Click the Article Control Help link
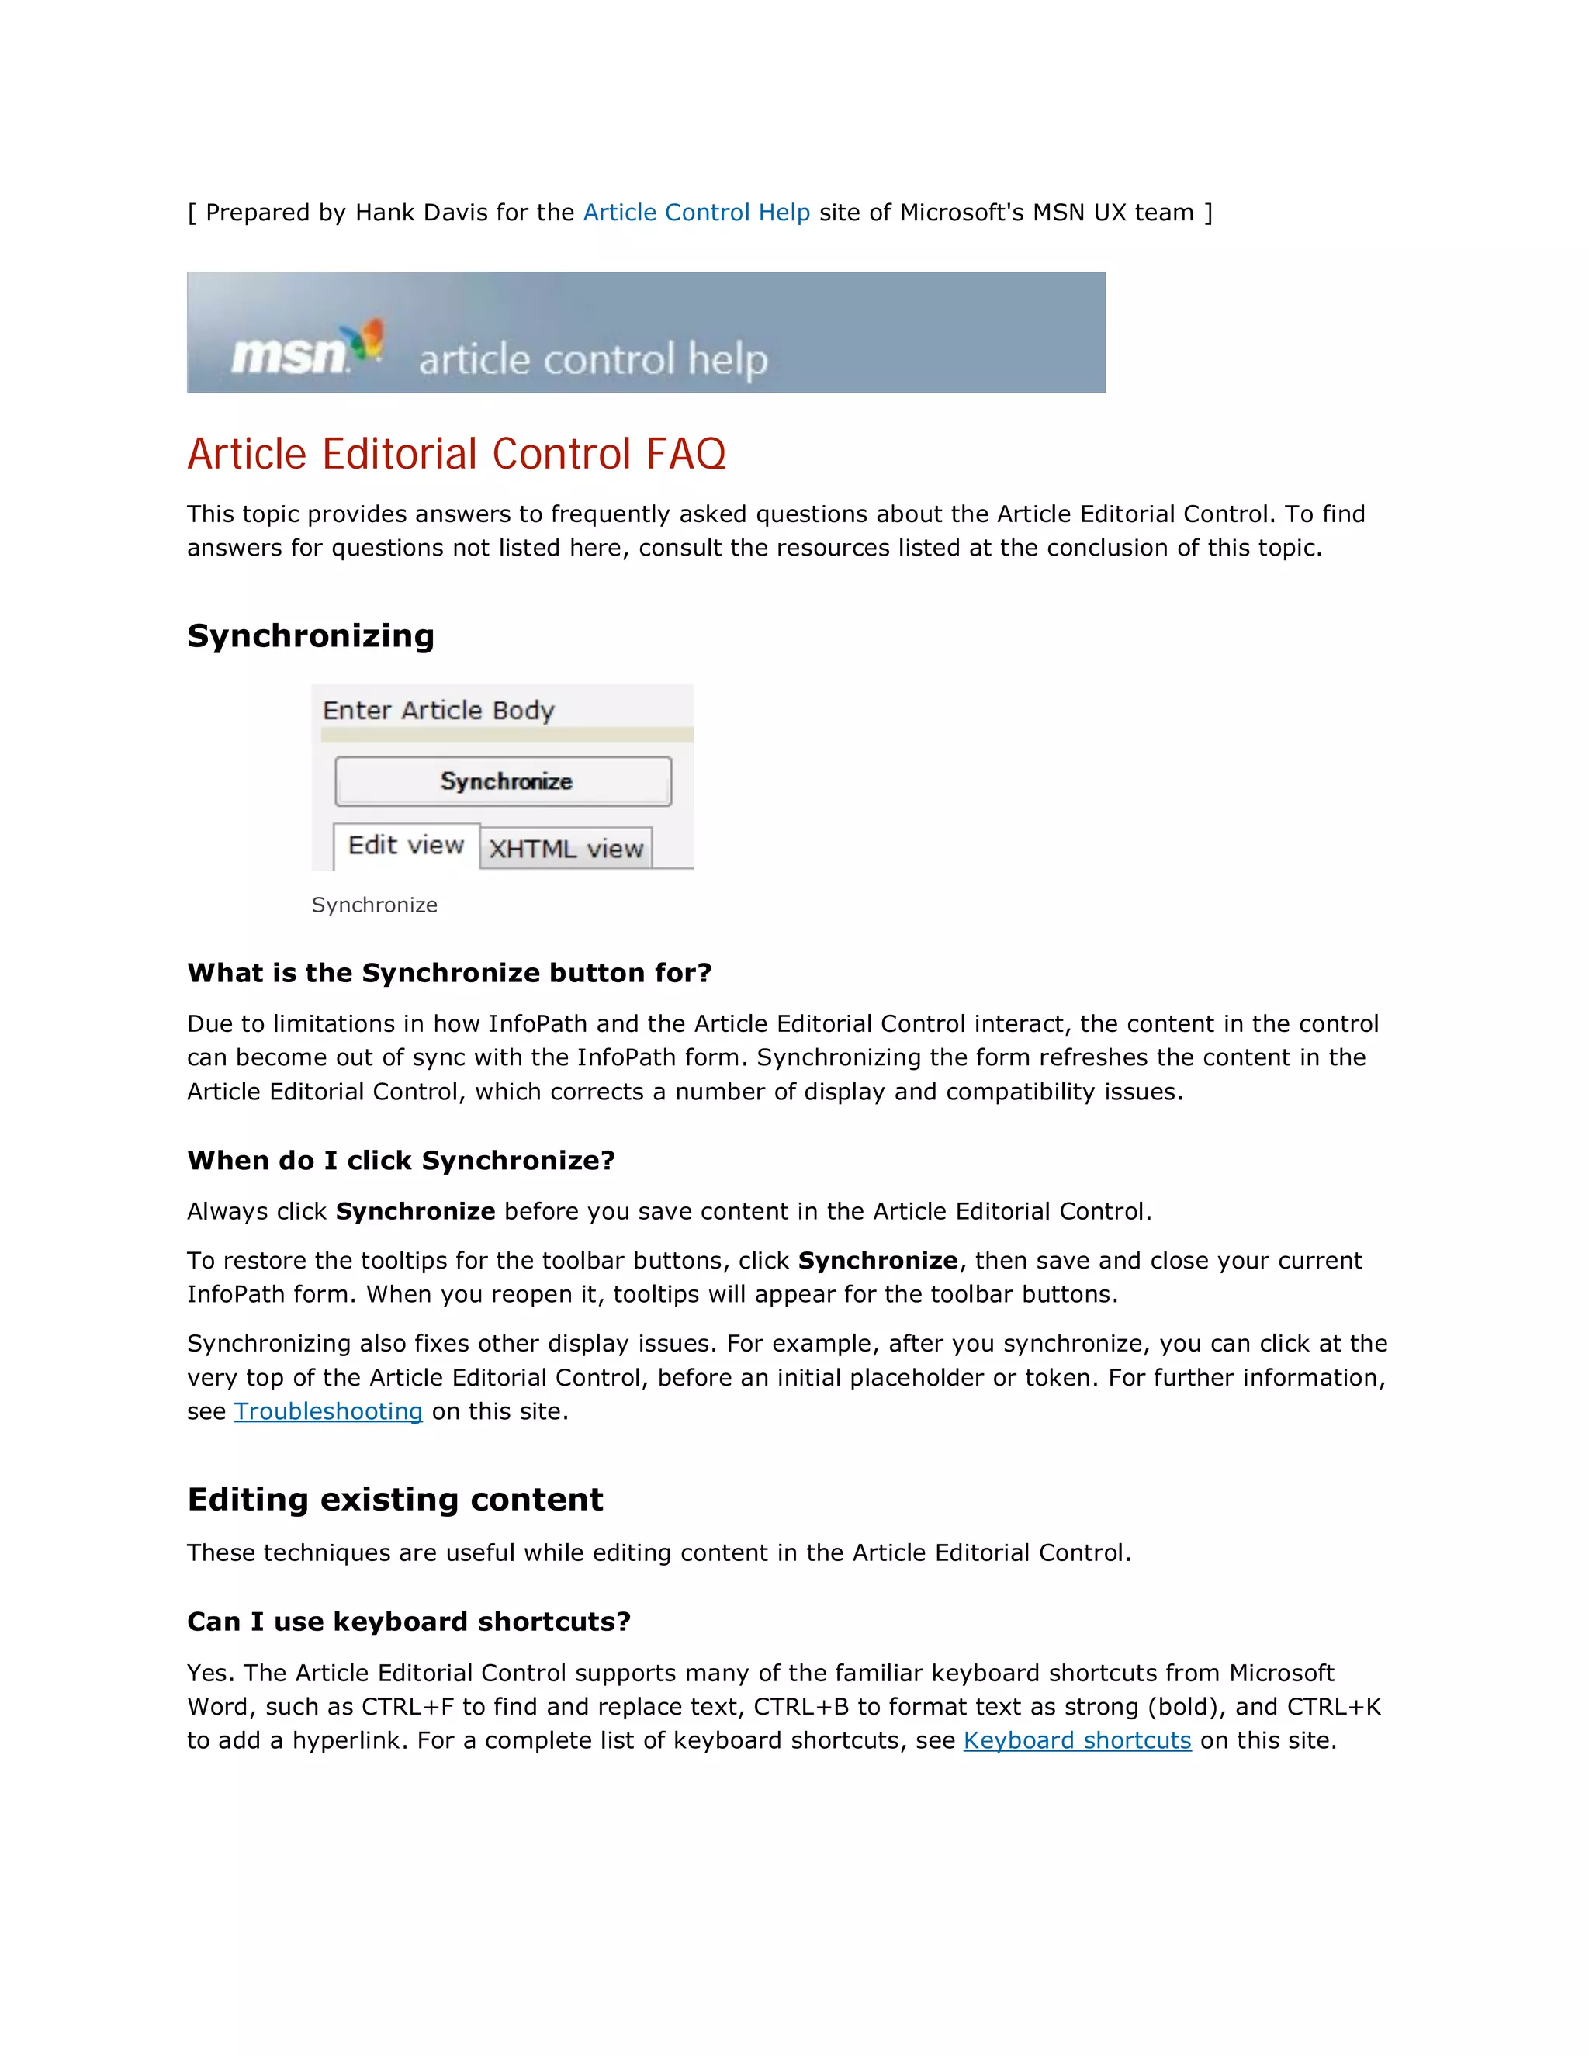point(696,213)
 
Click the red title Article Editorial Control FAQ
point(455,454)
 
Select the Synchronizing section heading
point(310,635)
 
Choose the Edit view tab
point(406,846)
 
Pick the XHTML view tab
point(566,849)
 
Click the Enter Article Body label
point(438,710)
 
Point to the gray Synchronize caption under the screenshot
point(374,905)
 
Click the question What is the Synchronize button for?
point(449,972)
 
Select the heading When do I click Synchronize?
point(401,1160)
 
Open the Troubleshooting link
point(327,1411)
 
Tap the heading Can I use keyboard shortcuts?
point(409,1621)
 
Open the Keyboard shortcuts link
point(1077,1741)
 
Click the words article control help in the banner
point(593,360)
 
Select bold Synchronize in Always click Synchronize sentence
point(415,1212)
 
